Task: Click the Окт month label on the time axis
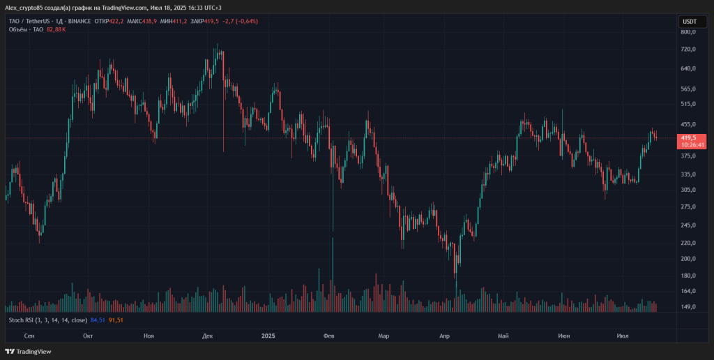point(88,336)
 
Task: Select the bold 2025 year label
point(269,336)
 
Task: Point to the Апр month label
point(445,336)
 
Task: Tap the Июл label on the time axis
point(623,336)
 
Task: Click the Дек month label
point(208,336)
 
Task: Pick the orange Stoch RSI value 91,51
point(115,320)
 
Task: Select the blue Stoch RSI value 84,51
point(97,320)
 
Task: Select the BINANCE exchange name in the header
point(82,21)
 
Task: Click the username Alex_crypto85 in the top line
point(24,7)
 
